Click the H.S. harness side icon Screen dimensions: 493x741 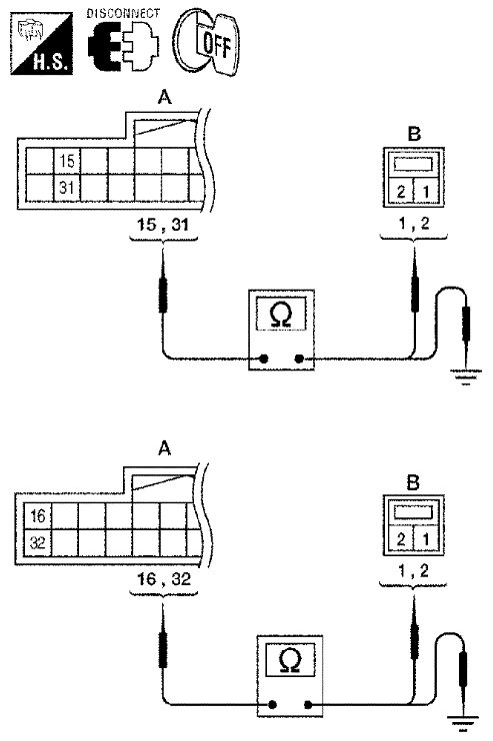[x=42, y=44]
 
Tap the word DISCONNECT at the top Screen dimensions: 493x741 [x=123, y=13]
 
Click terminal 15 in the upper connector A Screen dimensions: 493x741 [x=67, y=161]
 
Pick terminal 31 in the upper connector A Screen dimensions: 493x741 [x=67, y=188]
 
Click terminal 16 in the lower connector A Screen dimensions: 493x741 [x=37, y=516]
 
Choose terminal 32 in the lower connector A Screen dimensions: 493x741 [x=37, y=542]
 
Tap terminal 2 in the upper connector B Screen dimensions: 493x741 [x=401, y=192]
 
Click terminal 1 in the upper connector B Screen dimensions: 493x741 [x=426, y=192]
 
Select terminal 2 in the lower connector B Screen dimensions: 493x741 [x=401, y=539]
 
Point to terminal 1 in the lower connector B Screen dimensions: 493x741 [x=426, y=539]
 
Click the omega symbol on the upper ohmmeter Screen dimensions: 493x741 [x=281, y=315]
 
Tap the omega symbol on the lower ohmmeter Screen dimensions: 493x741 [x=290, y=660]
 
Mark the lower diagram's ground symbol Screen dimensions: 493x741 [x=462, y=724]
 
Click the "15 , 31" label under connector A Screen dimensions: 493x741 [x=163, y=225]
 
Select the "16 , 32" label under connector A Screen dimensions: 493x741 [x=164, y=579]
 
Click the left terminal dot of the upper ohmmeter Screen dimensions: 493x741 [x=264, y=360]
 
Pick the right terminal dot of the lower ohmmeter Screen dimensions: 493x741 [x=308, y=706]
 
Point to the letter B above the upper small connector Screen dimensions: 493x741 [x=414, y=135]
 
